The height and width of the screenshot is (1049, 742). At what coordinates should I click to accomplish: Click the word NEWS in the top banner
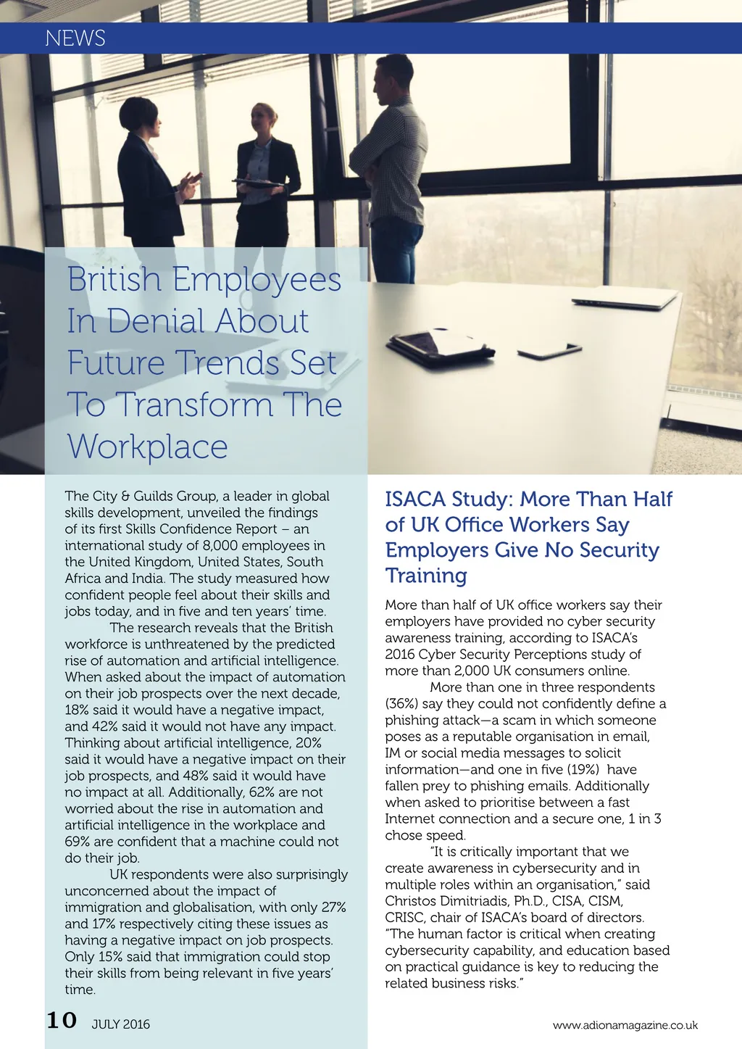[75, 38]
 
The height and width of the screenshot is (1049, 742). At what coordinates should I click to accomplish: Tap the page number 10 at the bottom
[62, 1021]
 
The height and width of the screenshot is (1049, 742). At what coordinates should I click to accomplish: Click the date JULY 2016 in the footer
[121, 1024]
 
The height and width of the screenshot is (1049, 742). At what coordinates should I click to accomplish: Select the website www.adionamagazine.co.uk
[625, 1025]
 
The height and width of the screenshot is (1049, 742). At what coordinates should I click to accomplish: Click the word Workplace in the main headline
[148, 447]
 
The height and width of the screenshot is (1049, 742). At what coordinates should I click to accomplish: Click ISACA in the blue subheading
[415, 499]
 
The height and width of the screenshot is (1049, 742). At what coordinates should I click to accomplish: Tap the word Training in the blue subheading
[426, 576]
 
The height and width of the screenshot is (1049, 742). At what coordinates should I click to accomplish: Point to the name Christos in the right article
[415, 901]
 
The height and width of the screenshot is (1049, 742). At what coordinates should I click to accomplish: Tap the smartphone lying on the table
[549, 352]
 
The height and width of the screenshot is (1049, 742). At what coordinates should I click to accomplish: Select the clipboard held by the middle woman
[259, 183]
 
